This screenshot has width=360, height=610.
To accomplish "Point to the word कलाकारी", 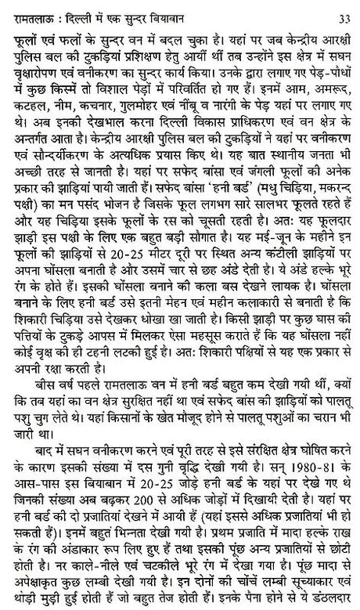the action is point(283,323).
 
